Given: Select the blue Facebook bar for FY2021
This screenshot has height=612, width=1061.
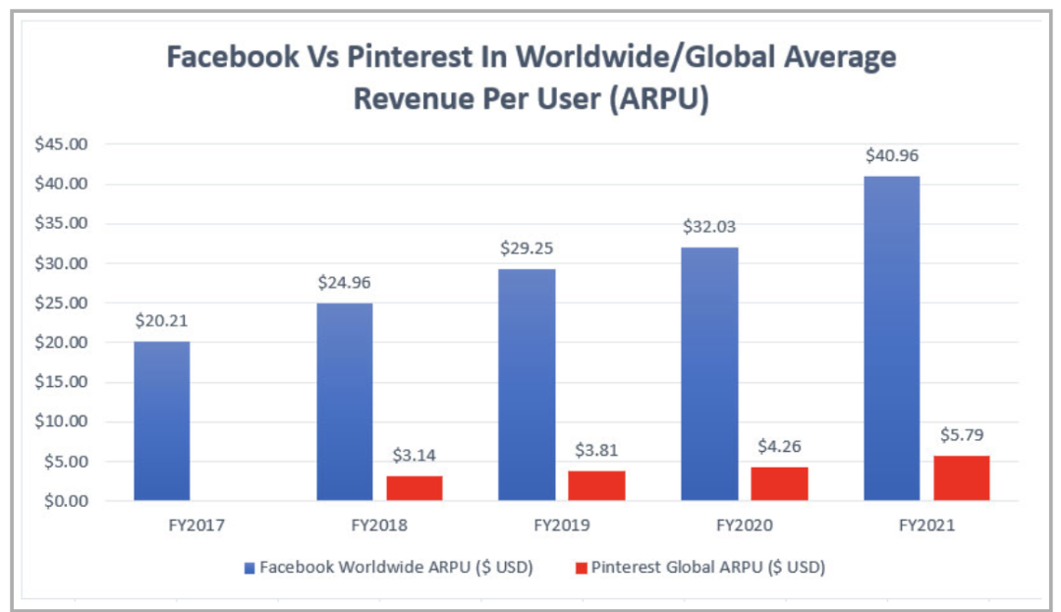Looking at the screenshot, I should coord(891,339).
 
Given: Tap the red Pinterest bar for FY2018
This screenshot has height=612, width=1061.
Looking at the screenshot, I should coord(415,488).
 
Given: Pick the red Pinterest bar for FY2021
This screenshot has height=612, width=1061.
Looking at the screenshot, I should coord(962,478).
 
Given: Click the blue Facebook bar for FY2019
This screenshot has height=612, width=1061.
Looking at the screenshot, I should coord(527,384).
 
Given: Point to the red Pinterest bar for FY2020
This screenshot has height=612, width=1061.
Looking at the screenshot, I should coord(779,483).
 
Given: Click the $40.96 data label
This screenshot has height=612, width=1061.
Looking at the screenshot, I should coord(891,155).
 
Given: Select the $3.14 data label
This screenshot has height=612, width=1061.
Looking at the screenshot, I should coord(415,455).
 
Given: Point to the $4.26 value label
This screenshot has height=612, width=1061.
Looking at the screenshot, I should coord(779,446).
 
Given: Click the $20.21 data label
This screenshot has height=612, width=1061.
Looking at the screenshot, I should coord(161,320).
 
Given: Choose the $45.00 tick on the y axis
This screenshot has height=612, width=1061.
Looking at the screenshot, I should coord(63,144).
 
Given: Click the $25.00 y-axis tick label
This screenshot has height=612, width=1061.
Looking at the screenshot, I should coord(63,303).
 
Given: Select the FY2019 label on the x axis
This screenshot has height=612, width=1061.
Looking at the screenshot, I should coord(561,526).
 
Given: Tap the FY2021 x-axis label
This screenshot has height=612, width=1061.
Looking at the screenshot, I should coord(926,526).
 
